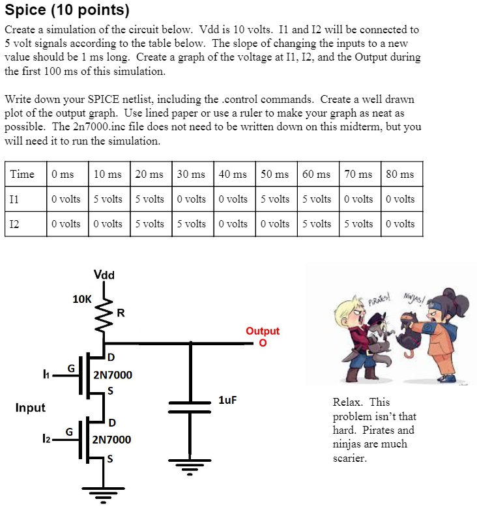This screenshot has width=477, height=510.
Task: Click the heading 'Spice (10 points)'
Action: click(67, 10)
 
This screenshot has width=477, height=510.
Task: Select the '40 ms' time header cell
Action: click(233, 174)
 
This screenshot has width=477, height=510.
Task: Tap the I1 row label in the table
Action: click(14, 199)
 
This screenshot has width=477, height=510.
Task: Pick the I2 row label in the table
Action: click(14, 223)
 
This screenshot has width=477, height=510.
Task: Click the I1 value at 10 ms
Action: click(108, 199)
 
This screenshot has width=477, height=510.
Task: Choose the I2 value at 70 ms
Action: click(358, 223)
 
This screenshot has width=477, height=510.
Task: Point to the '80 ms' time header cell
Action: click(400, 174)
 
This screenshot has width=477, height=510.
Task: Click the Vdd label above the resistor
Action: click(104, 275)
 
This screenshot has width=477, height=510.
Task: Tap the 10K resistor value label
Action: click(81, 299)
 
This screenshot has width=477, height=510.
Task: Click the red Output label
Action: click(263, 331)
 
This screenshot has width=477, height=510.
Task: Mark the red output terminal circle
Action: click(263, 343)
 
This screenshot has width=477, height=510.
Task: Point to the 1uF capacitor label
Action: click(227, 399)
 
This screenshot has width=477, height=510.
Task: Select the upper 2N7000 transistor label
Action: click(112, 375)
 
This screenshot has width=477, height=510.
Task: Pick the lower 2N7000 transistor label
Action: click(112, 440)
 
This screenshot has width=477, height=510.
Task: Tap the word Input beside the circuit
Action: click(31, 408)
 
